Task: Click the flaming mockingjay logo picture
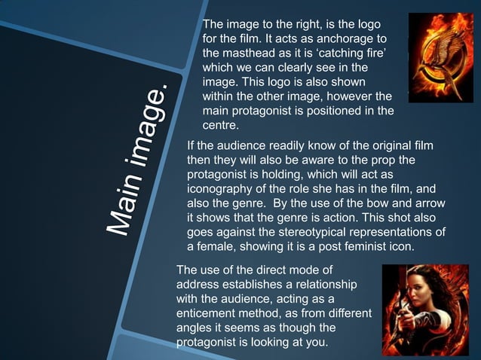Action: point(440,57)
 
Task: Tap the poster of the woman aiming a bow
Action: point(425,310)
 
